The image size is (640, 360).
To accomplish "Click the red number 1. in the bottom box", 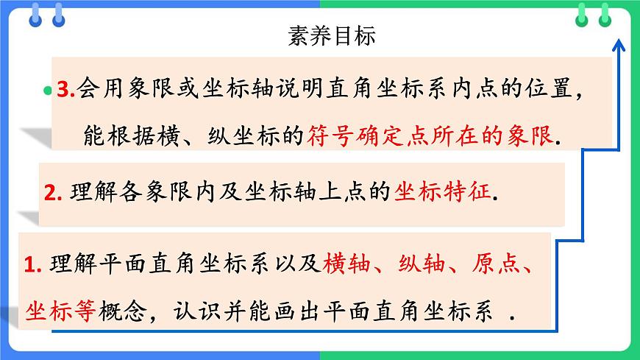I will [x=33, y=264].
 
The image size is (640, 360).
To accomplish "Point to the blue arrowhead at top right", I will [x=619, y=46].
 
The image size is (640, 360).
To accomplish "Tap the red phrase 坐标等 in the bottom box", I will [x=60, y=311].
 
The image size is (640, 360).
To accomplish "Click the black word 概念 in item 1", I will [x=124, y=311].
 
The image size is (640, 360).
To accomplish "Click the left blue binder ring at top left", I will [x=35, y=15].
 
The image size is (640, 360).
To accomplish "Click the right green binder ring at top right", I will [x=605, y=15].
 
